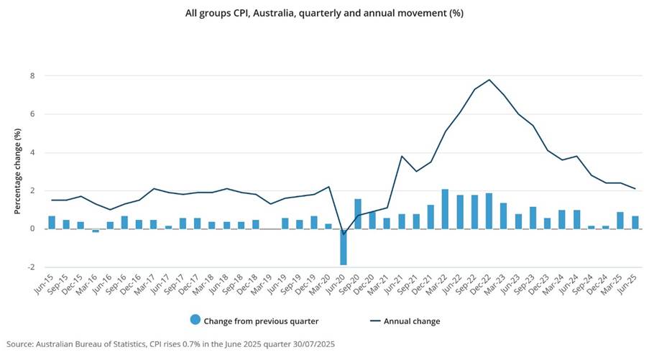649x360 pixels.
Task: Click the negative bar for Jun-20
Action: coord(344,247)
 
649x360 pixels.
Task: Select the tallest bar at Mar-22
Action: coord(445,209)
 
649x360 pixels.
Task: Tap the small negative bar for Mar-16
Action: coord(96,231)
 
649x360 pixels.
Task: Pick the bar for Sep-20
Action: coord(358,214)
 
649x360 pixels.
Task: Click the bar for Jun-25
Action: coord(635,222)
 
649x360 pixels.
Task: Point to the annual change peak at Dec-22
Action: coord(489,80)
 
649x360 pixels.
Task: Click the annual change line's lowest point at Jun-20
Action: coord(344,234)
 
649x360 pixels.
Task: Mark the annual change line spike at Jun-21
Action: coord(402,156)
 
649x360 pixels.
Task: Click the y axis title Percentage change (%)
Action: coord(17,172)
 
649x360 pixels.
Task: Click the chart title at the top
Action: coord(323,13)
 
